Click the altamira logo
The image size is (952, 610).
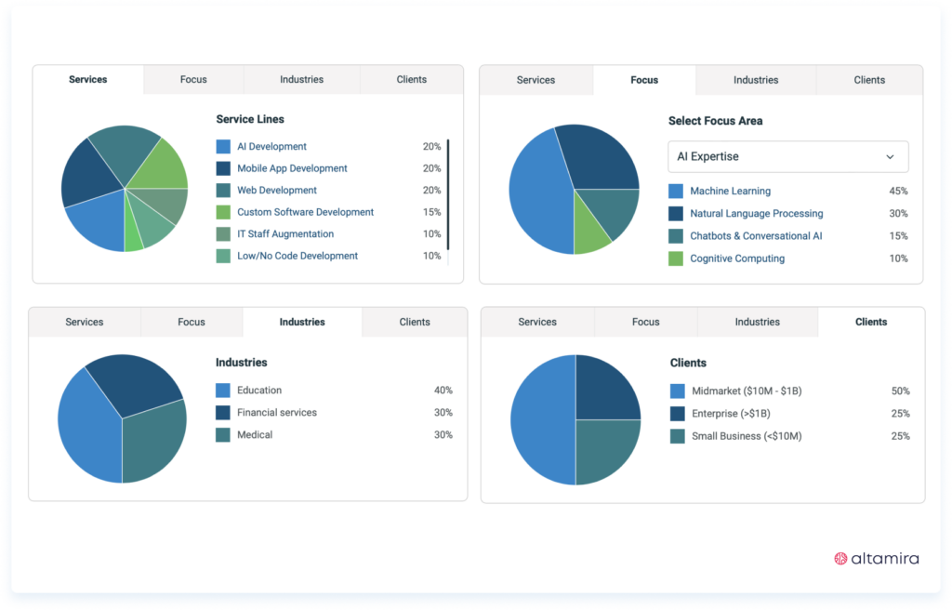876,559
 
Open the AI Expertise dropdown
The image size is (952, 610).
787,157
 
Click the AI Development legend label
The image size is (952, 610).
271,147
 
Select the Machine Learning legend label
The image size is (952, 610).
730,192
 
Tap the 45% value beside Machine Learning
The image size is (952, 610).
898,192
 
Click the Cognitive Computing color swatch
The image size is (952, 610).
676,259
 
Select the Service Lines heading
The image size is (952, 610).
250,120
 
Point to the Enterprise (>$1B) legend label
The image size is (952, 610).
730,414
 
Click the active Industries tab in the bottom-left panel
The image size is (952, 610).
302,323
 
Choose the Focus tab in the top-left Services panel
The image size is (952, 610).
193,80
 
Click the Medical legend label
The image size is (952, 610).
255,435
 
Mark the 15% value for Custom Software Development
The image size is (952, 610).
431,212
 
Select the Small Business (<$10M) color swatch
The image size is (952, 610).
677,436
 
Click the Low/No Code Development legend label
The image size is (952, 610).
297,256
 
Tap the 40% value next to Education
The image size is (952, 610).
443,391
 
